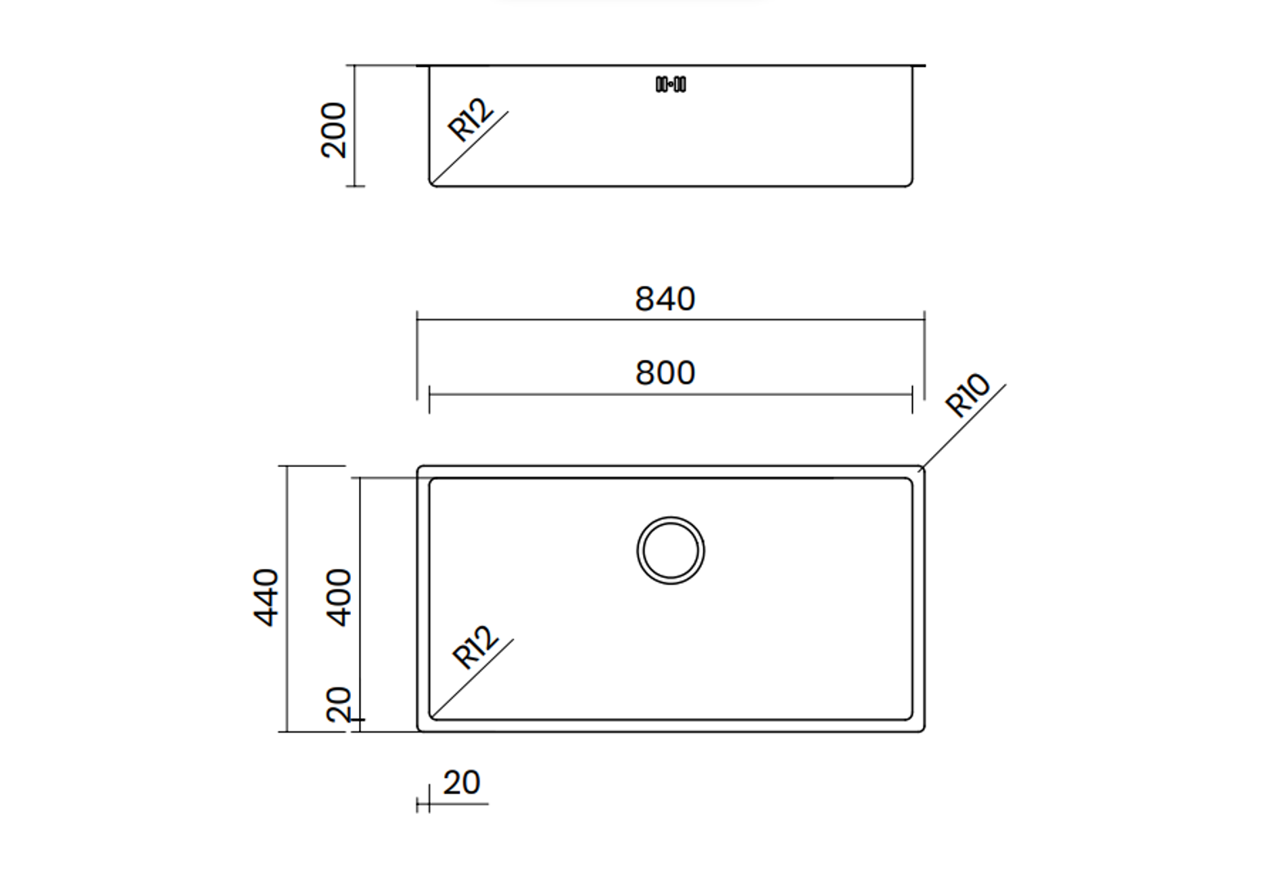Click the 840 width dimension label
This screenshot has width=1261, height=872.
pos(665,299)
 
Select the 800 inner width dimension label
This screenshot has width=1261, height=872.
pos(665,373)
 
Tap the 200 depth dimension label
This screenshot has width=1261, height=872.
pos(333,130)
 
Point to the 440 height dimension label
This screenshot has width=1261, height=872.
pos(265,598)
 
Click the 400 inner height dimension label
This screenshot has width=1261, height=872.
pos(339,598)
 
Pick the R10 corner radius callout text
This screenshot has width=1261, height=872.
pos(967,395)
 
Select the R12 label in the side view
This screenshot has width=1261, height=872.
pos(471,120)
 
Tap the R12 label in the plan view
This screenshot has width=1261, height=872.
pos(475,647)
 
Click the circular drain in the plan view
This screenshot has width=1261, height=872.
pos(670,517)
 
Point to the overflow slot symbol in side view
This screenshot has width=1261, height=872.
pos(670,84)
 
